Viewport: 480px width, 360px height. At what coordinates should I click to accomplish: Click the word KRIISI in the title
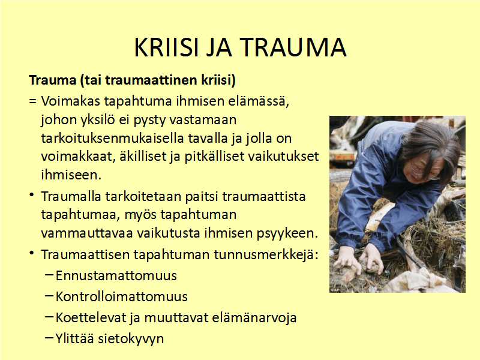click(167, 47)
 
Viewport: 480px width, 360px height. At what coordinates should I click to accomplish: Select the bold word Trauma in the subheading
click(53, 80)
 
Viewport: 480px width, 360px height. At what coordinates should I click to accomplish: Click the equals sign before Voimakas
click(33, 101)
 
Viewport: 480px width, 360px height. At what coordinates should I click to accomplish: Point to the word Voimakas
click(71, 101)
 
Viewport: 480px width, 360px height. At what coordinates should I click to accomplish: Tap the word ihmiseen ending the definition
click(71, 175)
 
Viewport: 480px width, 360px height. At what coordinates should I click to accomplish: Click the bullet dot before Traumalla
click(32, 195)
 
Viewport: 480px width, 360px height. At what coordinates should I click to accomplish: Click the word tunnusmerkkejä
click(266, 254)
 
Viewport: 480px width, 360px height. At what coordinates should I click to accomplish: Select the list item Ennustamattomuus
click(116, 275)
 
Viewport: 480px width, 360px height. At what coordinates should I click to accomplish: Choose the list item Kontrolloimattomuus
click(122, 296)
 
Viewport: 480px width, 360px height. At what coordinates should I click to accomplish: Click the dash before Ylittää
click(49, 337)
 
